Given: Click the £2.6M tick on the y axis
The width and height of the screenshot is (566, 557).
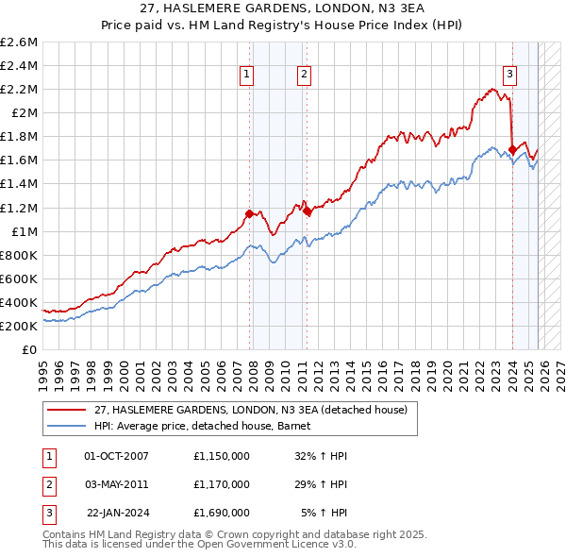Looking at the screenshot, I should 20,42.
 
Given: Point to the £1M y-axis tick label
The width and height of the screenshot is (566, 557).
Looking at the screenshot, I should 24,231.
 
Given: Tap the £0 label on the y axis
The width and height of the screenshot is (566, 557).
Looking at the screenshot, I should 29,349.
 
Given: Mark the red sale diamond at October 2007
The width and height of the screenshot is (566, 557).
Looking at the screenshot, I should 249,213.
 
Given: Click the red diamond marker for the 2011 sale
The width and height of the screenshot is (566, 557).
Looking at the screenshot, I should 307,211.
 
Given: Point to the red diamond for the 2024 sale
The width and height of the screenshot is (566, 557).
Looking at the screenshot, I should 512,149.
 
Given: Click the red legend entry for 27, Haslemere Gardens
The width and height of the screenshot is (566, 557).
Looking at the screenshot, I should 250,410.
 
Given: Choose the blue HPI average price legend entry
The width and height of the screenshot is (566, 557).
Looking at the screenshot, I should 208,426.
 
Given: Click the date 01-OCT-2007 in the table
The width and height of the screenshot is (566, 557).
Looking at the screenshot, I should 117,456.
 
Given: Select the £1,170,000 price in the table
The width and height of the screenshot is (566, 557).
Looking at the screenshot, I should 220,484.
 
